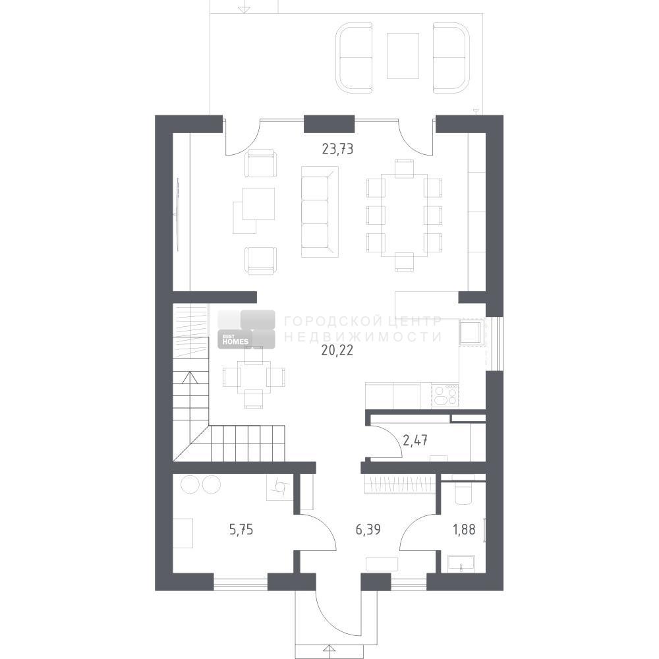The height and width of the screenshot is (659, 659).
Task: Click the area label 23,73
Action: coord(337,149)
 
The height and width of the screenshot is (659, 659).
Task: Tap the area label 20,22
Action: coord(337,350)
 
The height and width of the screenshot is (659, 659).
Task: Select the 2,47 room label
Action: coord(415,440)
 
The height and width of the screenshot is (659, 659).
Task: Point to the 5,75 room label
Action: coord(241,530)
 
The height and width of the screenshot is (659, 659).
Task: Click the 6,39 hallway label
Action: coord(368,530)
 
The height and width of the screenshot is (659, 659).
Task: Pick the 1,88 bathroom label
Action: coord(464,530)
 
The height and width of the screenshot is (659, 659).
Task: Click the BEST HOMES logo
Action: coord(246,329)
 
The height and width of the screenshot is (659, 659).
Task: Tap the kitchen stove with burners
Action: coord(445,395)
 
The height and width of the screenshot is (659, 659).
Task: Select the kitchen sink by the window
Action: coord(472,332)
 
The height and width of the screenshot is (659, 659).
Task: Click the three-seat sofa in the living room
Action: coord(320,212)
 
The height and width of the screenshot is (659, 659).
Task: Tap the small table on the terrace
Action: coord(403,56)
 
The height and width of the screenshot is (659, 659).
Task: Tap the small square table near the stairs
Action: coord(254,376)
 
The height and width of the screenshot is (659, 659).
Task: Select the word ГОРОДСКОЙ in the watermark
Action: coord(331,322)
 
